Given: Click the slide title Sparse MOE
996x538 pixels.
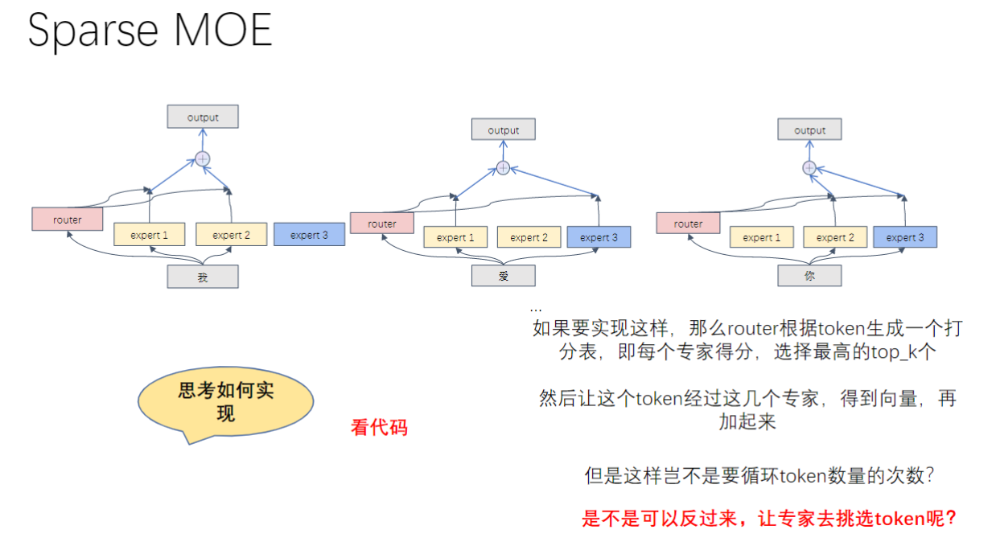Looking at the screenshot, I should click(150, 31).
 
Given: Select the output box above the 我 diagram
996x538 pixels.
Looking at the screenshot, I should click(203, 117).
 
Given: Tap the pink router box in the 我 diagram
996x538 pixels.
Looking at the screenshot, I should click(68, 220).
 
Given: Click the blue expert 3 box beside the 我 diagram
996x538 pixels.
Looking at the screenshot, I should click(309, 235).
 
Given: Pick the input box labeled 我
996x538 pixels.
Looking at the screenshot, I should click(203, 277).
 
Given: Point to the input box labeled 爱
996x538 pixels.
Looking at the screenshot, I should click(504, 276).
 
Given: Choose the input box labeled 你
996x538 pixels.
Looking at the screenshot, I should click(809, 276).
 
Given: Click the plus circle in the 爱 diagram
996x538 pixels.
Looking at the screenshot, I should click(504, 167).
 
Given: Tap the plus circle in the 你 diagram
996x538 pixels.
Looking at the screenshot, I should click(809, 167).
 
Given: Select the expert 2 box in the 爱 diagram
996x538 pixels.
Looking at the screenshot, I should click(529, 237).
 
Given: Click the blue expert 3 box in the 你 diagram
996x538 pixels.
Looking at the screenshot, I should click(905, 237).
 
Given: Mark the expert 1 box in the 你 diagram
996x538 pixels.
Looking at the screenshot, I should click(761, 237).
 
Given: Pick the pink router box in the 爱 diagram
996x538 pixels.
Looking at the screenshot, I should click(381, 224).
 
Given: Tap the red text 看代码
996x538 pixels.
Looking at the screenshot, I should click(379, 427).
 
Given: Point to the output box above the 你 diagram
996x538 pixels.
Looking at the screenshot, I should click(809, 130).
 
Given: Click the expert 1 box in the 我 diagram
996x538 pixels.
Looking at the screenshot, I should click(150, 235).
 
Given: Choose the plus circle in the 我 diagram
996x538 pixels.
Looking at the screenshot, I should click(203, 159).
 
